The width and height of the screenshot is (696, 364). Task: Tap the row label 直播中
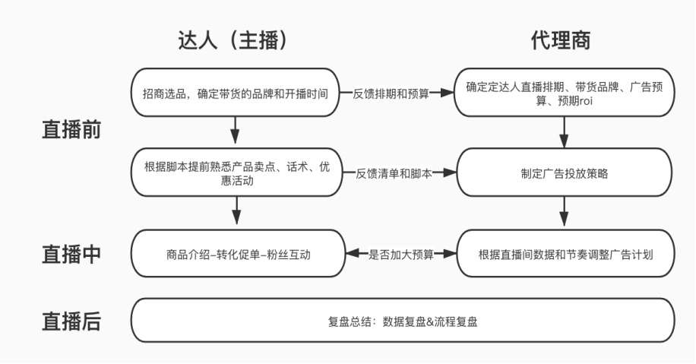click(71, 254)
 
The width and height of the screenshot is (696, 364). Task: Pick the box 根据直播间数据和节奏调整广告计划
click(564, 254)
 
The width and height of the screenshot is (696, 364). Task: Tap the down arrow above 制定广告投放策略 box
click(564, 132)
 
